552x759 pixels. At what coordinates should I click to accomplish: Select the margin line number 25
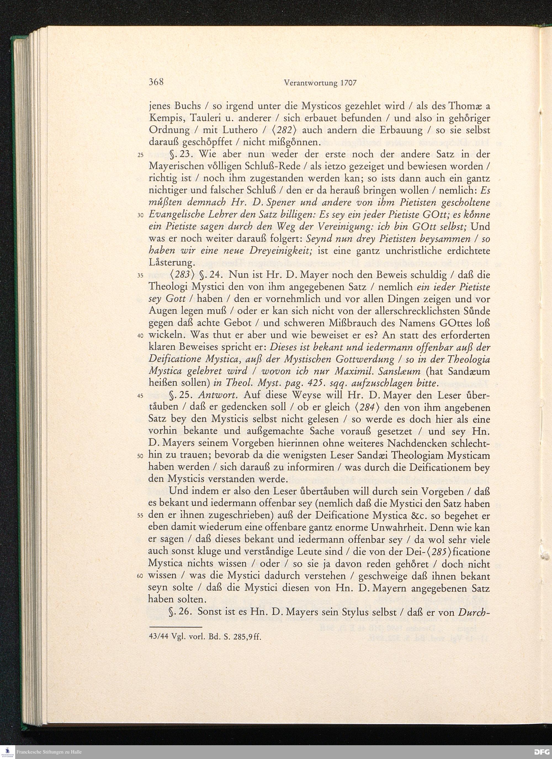tap(140, 155)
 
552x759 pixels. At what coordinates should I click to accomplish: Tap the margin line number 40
tap(140, 336)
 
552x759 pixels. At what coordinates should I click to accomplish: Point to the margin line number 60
tap(140, 576)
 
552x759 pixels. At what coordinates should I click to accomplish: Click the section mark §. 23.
tap(180, 154)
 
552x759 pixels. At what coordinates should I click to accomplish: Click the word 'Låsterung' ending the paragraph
tap(170, 263)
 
